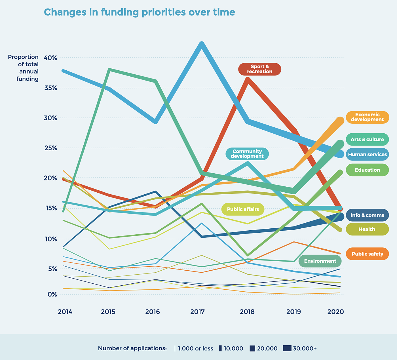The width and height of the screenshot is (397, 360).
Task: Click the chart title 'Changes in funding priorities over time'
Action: [x=139, y=12]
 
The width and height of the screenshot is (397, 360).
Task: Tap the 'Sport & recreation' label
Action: [x=259, y=69]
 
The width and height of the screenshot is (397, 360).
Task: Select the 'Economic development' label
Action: [x=367, y=117]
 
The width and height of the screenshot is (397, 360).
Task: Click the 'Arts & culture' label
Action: [x=367, y=139]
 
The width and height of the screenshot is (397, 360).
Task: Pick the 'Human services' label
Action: [x=367, y=154]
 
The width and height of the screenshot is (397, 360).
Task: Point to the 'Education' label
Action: [x=367, y=170]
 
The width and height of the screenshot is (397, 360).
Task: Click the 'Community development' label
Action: [x=247, y=154]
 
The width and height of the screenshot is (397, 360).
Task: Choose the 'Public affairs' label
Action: [x=243, y=209]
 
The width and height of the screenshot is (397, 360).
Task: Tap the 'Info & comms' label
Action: [x=367, y=215]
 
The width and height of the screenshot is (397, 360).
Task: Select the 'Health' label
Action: [x=367, y=229]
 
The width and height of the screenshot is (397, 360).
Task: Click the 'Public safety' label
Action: [x=367, y=254]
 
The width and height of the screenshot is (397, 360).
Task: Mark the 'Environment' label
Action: [x=320, y=261]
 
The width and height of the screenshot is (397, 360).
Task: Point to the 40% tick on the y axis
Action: [x=51, y=58]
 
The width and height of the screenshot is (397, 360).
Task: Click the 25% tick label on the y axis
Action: [x=51, y=148]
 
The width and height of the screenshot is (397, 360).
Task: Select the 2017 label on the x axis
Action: [x=198, y=312]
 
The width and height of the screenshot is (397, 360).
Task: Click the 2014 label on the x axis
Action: [x=65, y=312]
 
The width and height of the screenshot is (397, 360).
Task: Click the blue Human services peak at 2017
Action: [x=202, y=44]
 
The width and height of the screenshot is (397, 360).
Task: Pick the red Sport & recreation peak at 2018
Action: [x=248, y=79]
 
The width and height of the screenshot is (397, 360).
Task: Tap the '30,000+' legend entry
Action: [x=300, y=348]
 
